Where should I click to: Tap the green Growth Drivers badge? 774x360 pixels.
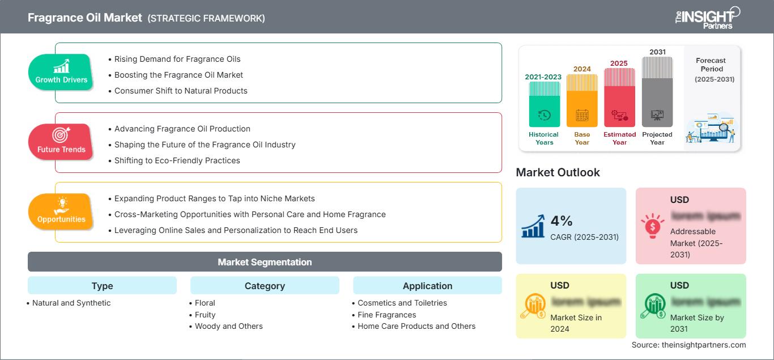(x=61, y=72)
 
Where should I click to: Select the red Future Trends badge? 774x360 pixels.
(x=61, y=142)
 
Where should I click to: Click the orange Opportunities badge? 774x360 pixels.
(x=61, y=211)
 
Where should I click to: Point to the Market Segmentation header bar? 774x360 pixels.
(x=265, y=262)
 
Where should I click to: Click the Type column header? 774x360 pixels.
(x=102, y=286)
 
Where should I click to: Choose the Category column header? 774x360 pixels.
(x=265, y=286)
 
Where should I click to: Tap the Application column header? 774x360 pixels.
(x=427, y=286)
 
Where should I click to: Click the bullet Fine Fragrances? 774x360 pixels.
(x=386, y=315)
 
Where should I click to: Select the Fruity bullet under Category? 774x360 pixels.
(x=205, y=315)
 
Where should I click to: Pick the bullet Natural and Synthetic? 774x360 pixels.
(x=71, y=303)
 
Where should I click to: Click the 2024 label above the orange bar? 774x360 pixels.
(x=582, y=69)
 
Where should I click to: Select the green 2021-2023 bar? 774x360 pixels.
(x=544, y=104)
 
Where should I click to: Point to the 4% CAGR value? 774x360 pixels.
(x=562, y=221)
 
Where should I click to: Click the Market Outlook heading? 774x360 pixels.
(x=558, y=172)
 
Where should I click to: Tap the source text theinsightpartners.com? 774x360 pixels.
(x=688, y=345)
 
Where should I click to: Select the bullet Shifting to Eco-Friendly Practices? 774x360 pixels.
(x=177, y=160)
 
